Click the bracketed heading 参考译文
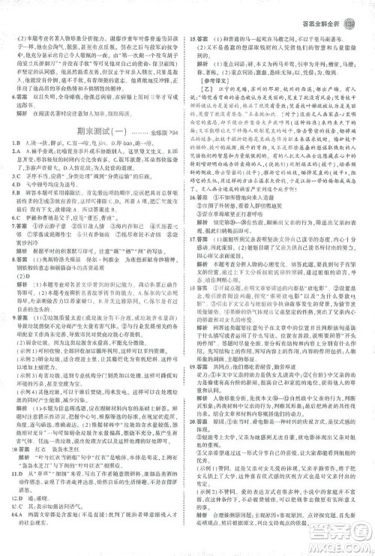click(217, 79)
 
